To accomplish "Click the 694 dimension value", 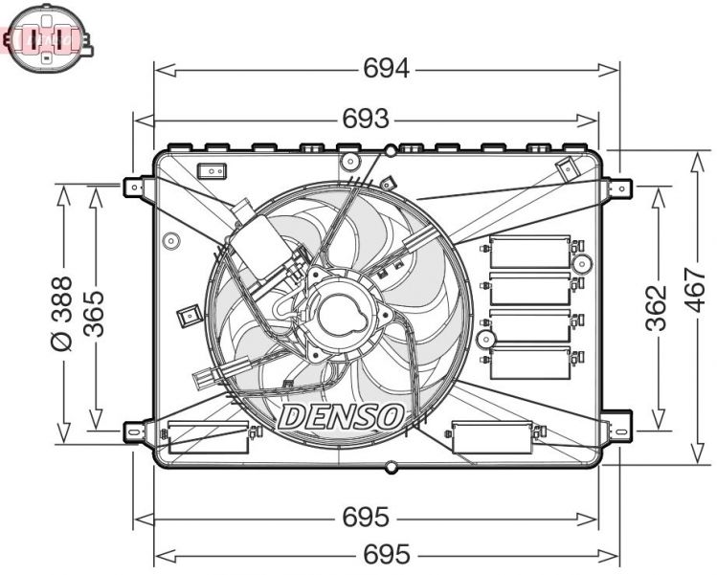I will pyautogui.click(x=387, y=69).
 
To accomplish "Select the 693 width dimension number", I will pyautogui.click(x=366, y=119).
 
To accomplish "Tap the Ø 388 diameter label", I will pyautogui.click(x=60, y=313).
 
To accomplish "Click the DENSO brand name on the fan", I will pyautogui.click(x=341, y=416).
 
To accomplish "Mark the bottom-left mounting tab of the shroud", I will pyautogui.click(x=137, y=431).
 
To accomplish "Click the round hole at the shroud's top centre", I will pyautogui.click(x=391, y=150).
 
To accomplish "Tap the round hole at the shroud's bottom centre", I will pyautogui.click(x=390, y=468).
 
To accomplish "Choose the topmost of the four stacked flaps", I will pyautogui.click(x=529, y=253).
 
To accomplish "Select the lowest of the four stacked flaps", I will pyautogui.click(x=529, y=363).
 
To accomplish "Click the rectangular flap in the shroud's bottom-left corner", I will pyautogui.click(x=208, y=436).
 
